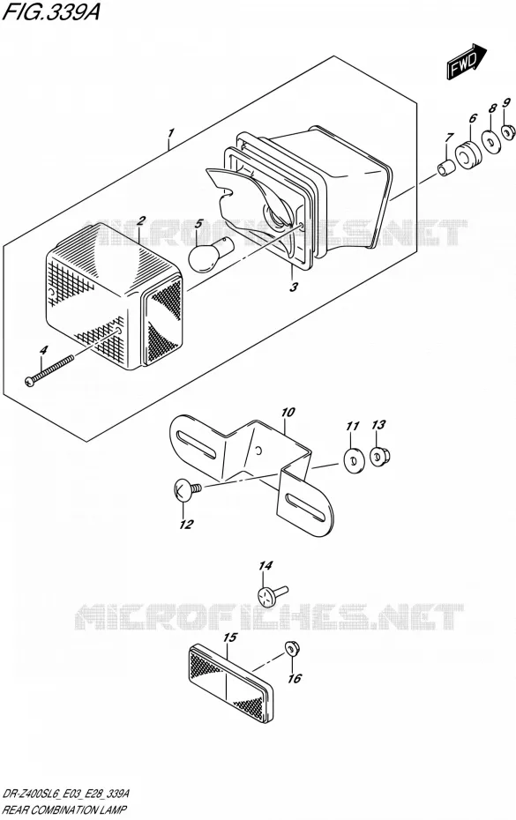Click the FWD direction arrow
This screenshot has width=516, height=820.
467,62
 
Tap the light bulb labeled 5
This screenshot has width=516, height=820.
208,253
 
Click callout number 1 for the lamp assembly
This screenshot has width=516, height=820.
170,133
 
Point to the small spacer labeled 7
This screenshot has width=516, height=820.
445,169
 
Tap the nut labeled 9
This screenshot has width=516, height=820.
507,133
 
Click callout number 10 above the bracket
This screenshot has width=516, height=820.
288,413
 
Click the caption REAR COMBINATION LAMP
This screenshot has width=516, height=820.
64,810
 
